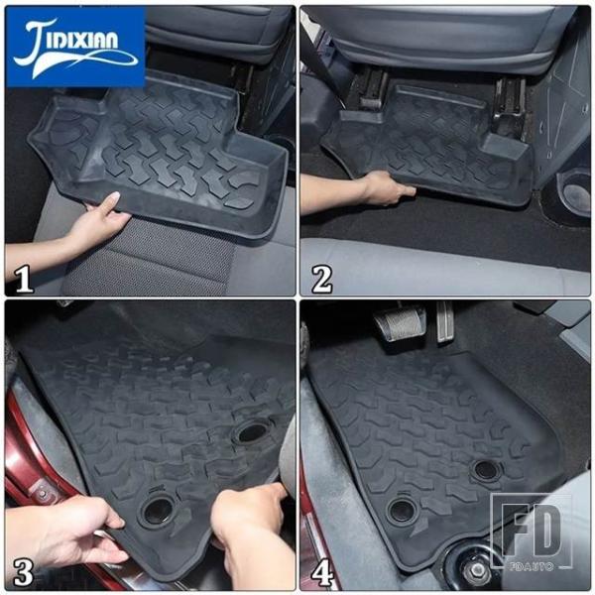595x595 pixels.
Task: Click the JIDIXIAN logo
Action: [75, 47]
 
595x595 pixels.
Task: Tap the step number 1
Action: [24, 279]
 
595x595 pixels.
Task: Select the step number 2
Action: [321, 279]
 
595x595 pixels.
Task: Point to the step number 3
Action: [24, 572]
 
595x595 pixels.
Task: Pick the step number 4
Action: [322, 572]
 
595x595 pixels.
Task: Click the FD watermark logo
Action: [532, 532]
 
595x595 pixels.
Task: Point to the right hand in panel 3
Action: [252, 532]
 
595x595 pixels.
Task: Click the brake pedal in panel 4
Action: [400, 322]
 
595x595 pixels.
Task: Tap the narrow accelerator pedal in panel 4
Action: [444, 321]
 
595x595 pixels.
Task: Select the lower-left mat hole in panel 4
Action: [403, 510]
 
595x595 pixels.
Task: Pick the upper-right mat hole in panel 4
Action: [487, 470]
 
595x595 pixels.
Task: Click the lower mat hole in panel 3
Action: [157, 511]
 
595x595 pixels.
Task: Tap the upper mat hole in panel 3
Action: [251, 431]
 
